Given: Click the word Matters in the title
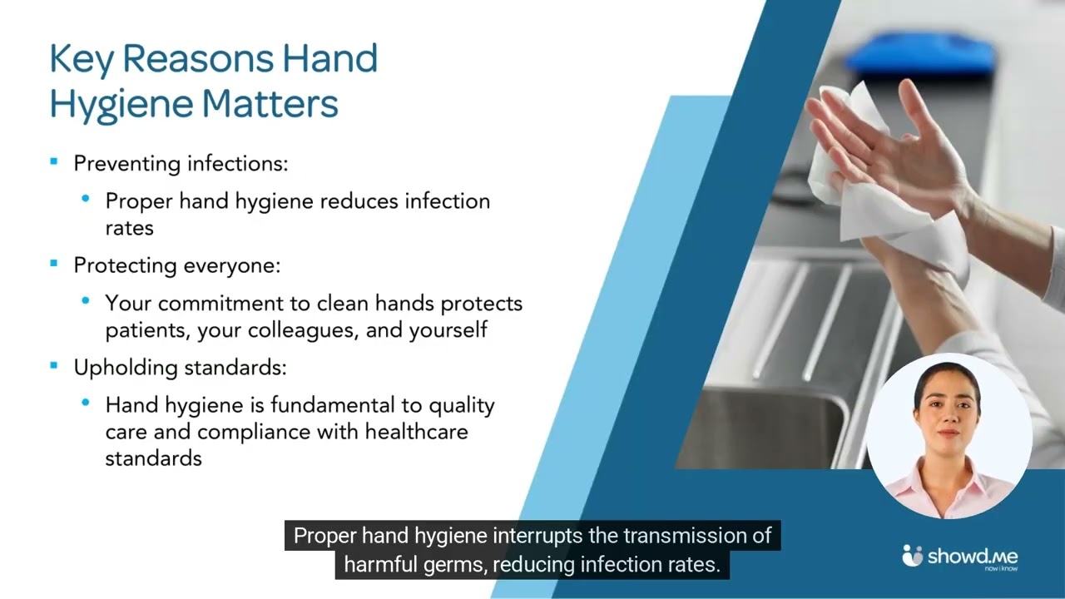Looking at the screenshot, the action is pos(270,103).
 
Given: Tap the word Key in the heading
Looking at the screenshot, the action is pos(82,59).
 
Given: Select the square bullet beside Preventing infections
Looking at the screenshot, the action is pos(54,161).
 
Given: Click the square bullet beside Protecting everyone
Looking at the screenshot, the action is pos(54,264).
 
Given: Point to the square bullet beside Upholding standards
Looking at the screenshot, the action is pos(54,365).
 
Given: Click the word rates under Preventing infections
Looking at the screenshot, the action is pos(129,228).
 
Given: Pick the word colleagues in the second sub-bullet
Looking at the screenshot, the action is pos(303,330).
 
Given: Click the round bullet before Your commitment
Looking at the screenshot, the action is pos(86,300).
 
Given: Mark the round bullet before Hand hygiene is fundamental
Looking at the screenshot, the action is pos(86,403).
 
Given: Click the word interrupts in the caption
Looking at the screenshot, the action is pos(537,536).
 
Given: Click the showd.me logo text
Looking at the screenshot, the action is pos(973,557).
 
